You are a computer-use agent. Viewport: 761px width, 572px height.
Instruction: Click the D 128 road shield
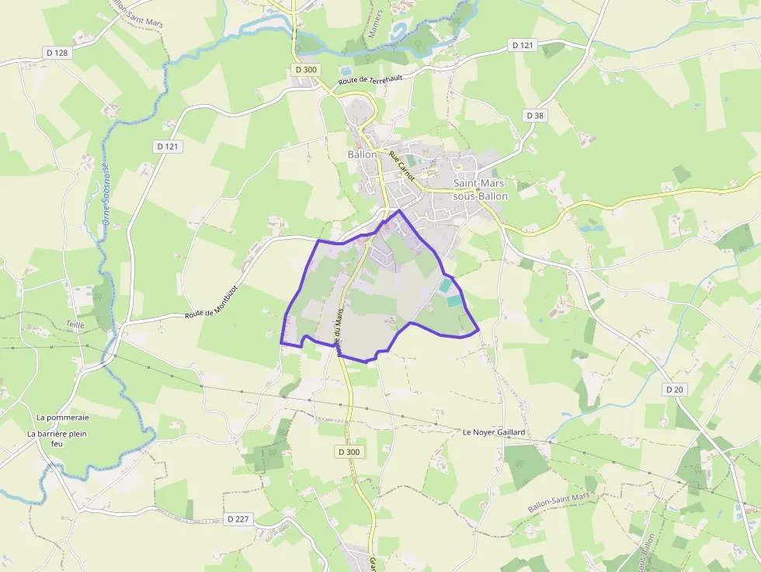click(57, 53)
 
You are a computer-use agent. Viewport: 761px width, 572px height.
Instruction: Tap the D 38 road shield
click(535, 115)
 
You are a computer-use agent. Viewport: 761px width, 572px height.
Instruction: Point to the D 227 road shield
click(238, 518)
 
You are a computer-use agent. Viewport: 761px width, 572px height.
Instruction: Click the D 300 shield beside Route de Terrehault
click(307, 70)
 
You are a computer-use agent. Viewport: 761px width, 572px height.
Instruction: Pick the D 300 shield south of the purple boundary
click(349, 451)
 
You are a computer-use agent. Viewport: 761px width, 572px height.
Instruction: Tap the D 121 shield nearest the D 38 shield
click(524, 46)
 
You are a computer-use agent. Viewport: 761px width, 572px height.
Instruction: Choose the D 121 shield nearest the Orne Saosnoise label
click(167, 146)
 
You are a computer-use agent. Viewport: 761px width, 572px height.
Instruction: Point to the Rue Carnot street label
click(402, 166)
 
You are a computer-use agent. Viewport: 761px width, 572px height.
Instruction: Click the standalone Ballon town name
click(362, 154)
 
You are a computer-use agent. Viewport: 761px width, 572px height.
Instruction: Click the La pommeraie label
click(63, 417)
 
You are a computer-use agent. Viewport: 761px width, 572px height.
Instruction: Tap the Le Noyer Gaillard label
click(494, 432)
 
